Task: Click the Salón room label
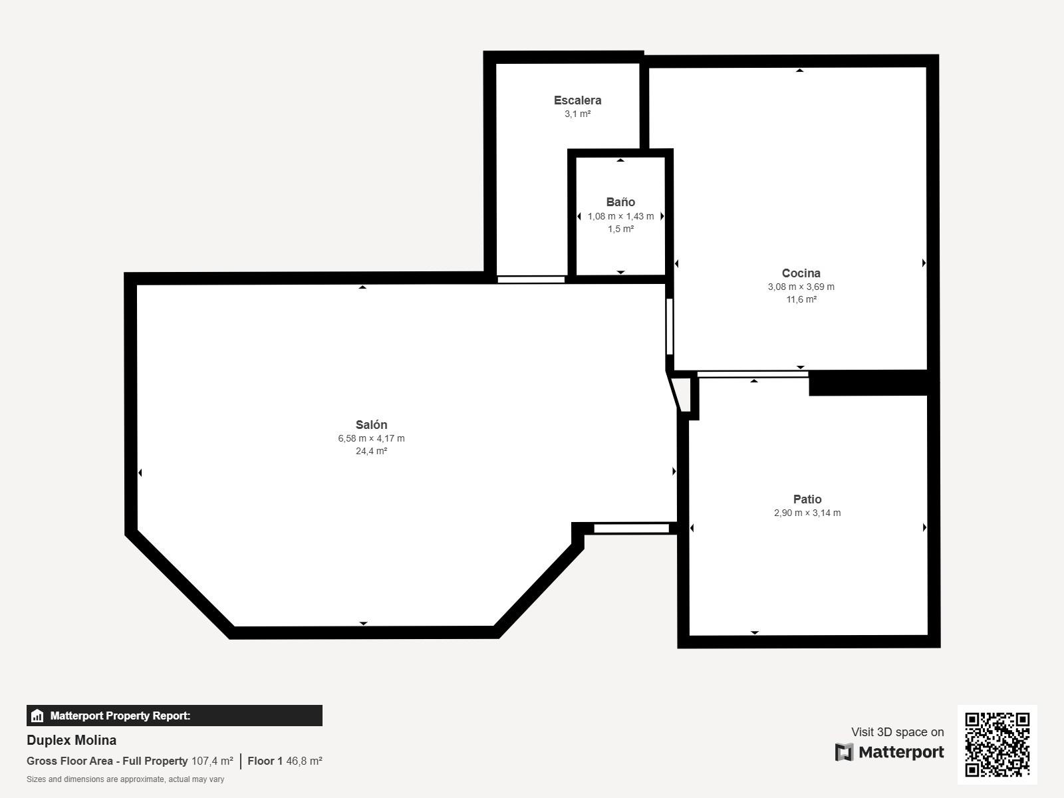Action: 371,424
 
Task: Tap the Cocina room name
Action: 801,273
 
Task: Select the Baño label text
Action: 620,201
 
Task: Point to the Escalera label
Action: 577,100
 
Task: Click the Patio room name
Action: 807,499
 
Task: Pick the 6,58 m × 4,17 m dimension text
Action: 371,438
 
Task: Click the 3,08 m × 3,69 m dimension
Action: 801,287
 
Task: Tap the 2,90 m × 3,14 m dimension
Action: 807,513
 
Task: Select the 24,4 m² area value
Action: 371,451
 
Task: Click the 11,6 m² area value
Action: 801,299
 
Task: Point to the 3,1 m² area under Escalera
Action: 577,114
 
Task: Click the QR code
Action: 997,744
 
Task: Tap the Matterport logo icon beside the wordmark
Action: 844,752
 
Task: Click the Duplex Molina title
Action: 71,740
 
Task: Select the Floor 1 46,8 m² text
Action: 285,761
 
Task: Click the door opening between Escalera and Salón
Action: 531,279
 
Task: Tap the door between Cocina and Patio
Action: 752,374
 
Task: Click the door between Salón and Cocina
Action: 670,327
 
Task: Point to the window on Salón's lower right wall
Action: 631,529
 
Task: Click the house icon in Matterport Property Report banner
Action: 37,716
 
